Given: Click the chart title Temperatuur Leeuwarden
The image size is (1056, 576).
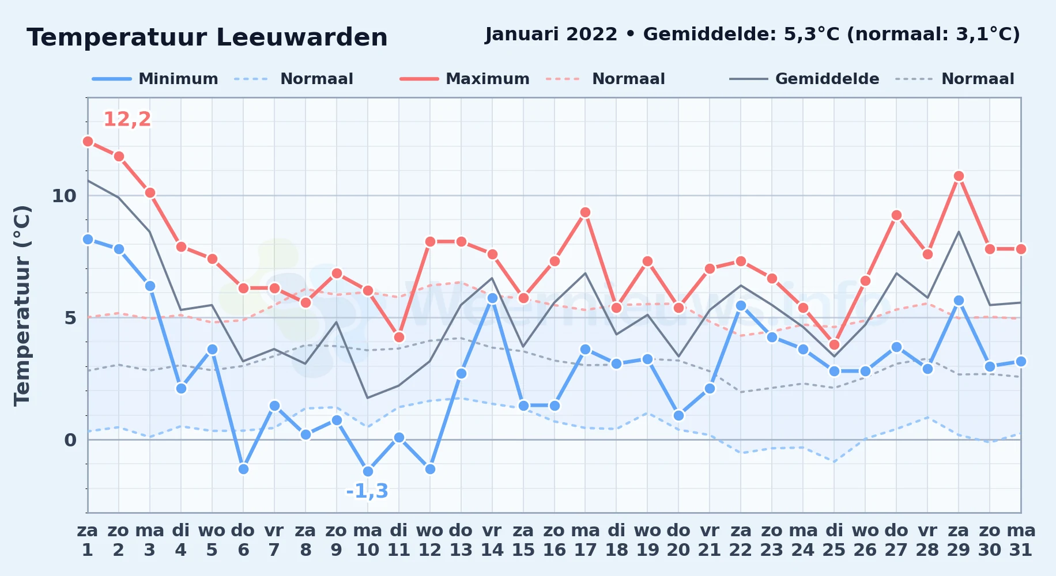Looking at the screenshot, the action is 207,37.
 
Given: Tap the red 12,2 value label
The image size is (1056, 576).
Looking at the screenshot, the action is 127,119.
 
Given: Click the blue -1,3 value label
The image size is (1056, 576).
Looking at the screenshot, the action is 367,491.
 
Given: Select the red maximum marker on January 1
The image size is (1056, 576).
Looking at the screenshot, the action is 88,141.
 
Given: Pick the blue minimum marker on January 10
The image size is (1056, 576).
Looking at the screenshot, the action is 368,471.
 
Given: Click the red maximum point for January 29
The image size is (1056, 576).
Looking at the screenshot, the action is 959,176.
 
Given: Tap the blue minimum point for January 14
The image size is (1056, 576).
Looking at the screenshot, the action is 492,298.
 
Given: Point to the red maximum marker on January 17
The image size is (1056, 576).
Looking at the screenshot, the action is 586,212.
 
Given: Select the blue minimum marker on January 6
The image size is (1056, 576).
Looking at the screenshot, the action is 243,469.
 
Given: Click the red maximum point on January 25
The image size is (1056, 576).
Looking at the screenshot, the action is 834,344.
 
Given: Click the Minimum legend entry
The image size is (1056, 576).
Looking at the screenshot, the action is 155,79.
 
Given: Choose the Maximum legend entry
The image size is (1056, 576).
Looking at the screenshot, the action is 465,79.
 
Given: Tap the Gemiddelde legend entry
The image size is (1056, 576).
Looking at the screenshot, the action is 805,79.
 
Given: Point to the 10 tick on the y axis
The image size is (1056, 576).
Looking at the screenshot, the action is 64,196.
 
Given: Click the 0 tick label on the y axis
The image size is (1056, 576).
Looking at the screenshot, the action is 70,440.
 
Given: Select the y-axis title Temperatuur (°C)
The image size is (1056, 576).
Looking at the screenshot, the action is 22,305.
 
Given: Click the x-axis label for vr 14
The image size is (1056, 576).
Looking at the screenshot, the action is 492,540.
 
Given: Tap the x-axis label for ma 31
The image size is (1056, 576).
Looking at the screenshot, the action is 1021,540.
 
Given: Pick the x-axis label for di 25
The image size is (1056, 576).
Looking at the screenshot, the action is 834,540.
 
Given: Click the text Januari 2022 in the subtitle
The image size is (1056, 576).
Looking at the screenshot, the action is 551,34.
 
